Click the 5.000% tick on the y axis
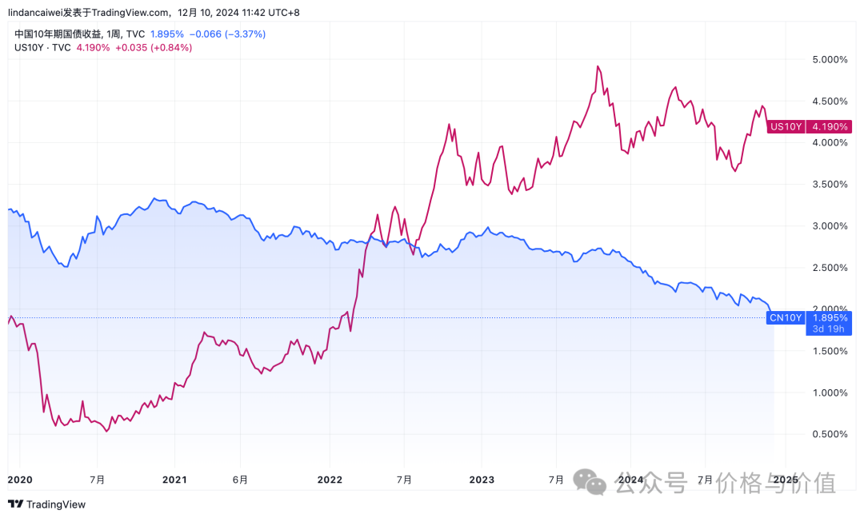830,60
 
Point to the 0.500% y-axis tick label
830,434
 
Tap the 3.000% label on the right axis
830,226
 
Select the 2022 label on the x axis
330,480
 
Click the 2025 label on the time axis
785,480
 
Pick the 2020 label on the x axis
19,480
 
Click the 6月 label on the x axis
240,480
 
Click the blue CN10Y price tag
786,317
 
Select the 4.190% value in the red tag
830,126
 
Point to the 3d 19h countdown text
828,329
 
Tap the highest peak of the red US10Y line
598,66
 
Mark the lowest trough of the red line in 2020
107,432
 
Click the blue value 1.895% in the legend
166,34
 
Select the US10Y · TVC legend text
43,47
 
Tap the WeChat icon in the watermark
596,482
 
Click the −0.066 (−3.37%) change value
228,34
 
